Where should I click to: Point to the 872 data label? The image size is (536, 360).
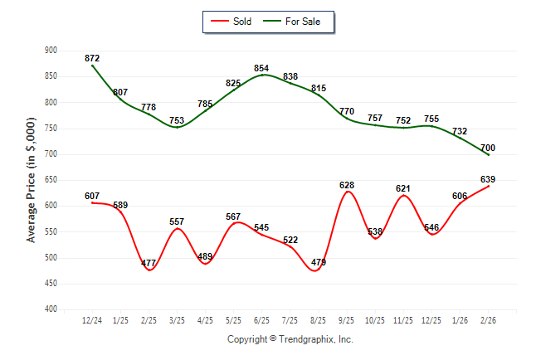(92, 58)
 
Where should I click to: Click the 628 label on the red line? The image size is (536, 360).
(347, 184)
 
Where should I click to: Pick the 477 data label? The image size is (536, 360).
(149, 264)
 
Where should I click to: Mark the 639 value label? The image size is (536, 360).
(488, 179)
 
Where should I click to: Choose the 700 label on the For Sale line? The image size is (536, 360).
(488, 148)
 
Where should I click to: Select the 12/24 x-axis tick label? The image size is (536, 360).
(92, 320)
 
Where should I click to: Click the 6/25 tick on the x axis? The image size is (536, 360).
(261, 320)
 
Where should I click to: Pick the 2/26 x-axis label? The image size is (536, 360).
(488, 320)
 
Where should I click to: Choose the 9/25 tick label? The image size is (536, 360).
(347, 320)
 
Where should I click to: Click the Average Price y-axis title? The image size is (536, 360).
(32, 180)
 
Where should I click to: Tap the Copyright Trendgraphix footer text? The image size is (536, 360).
(290, 339)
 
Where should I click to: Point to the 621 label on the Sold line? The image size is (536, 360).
(403, 188)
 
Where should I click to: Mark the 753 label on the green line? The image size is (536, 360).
(177, 120)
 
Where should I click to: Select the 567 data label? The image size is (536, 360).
(233, 216)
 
